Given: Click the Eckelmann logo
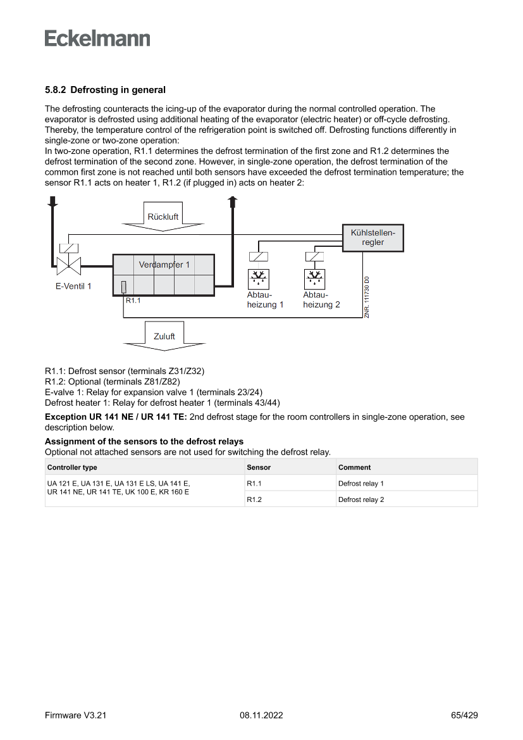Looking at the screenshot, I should coord(97,38).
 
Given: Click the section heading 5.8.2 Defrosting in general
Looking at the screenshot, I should coord(105,90).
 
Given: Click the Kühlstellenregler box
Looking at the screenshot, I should coord(372,237).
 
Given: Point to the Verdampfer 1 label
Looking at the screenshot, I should coord(164,265).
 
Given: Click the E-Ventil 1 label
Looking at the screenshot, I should coord(73,286).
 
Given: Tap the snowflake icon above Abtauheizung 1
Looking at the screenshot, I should coord(257,277).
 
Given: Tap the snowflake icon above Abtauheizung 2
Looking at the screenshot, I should coord(314,277).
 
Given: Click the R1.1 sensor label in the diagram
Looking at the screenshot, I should coord(133,301).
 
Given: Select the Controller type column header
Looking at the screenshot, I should coord(72,467).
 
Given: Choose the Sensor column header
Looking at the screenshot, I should coord(259,467).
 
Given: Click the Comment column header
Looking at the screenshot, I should coord(354,467).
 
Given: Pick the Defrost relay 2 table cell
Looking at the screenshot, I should coord(361,499).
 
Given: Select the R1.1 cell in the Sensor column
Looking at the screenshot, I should coord(254,484).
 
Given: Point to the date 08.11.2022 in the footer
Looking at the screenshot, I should coord(261,715).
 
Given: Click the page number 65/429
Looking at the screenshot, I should coord(464,715).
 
